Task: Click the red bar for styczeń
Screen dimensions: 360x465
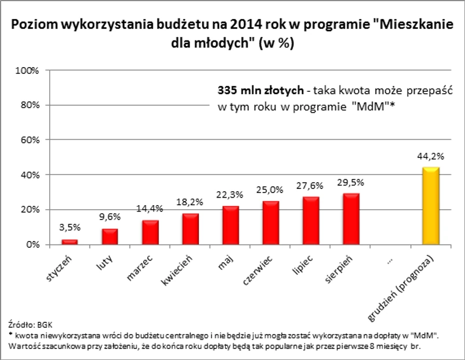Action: tap(70, 242)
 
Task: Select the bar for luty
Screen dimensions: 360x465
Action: tap(110, 236)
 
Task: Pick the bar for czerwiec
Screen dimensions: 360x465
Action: tap(270, 222)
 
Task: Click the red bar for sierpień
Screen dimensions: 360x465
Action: tap(351, 218)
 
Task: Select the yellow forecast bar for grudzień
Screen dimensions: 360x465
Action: tap(431, 206)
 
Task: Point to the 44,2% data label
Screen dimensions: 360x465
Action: tap(431, 156)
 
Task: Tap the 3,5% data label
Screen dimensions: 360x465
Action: tap(69, 227)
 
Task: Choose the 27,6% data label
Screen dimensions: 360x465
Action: tap(311, 185)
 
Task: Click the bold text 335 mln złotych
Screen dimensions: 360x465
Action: tap(259, 91)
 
